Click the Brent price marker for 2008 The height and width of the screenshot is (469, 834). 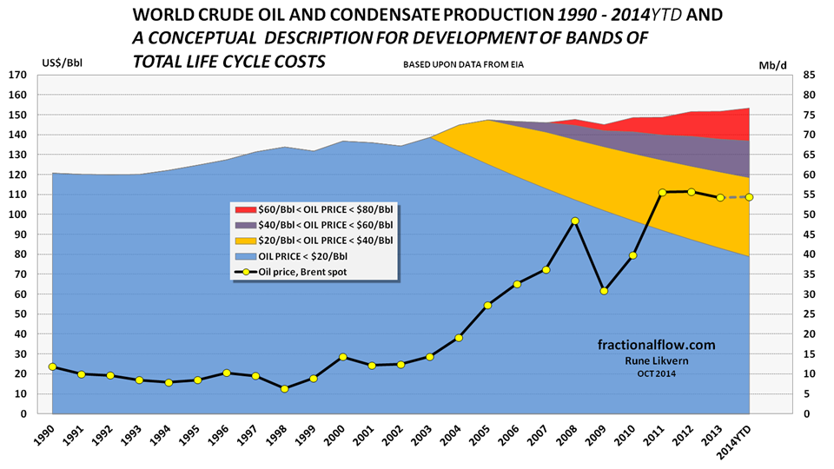575,221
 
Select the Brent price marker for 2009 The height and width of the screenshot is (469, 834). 604,291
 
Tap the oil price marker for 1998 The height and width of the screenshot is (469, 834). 284,389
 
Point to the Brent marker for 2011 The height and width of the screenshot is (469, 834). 662,192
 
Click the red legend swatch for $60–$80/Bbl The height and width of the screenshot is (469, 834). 242,209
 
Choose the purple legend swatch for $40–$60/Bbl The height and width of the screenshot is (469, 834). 242,225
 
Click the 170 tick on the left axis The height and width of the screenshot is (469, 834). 17,75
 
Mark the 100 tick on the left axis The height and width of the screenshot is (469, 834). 17,215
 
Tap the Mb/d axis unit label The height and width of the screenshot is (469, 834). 773,64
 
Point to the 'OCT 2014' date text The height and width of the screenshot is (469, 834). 655,373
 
